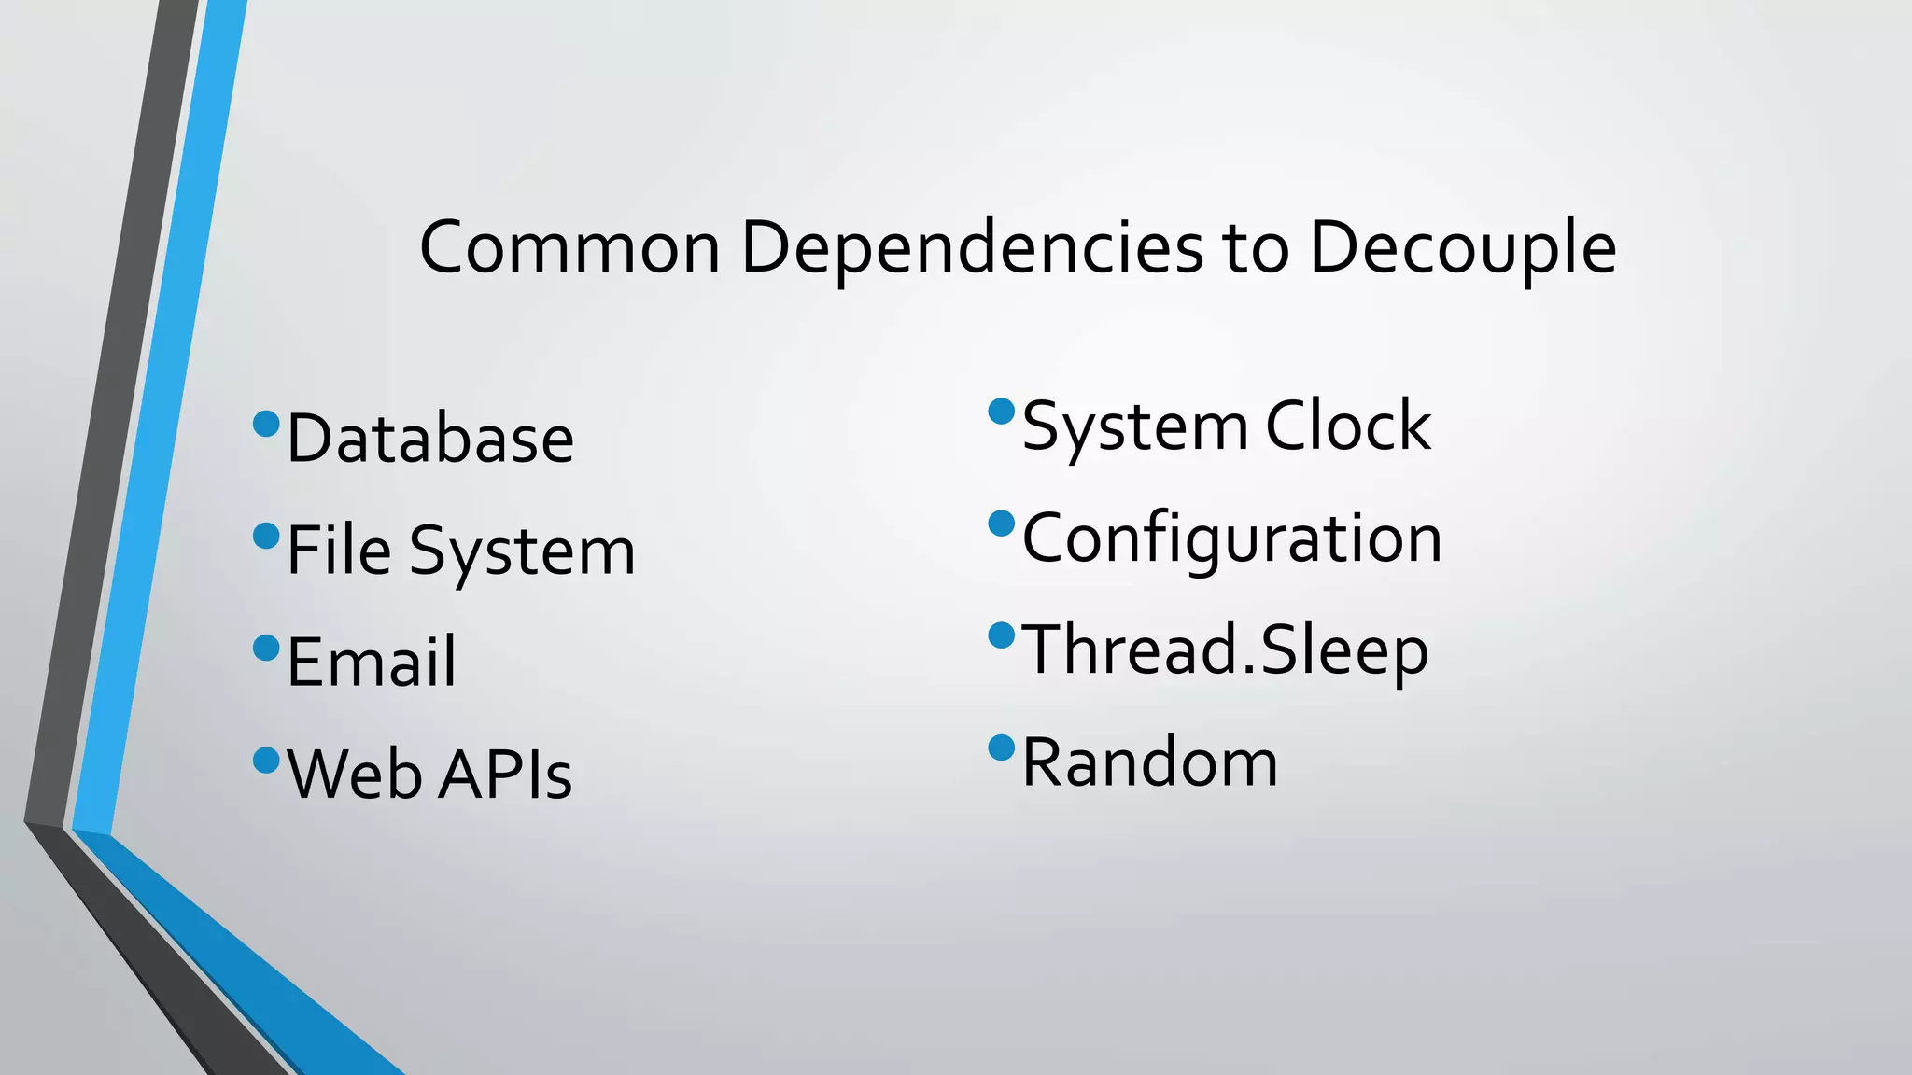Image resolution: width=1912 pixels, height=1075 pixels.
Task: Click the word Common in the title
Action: tap(569, 248)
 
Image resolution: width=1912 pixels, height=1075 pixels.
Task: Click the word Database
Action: tap(429, 439)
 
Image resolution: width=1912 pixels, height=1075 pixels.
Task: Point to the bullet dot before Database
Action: tap(266, 425)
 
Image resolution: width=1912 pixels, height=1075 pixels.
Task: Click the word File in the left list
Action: tap(338, 551)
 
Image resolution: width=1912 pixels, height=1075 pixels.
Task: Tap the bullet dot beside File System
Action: tap(266, 537)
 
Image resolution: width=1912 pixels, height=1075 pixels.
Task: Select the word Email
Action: tap(372, 663)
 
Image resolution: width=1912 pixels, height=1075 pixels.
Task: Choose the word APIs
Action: tap(504, 775)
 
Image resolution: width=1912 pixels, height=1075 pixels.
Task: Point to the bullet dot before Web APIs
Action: tap(266, 761)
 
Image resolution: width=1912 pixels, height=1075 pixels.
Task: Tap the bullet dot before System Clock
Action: tap(1001, 412)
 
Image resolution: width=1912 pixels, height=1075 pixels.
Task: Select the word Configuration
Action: tap(1232, 539)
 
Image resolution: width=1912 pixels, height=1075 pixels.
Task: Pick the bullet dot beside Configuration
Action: tap(1001, 524)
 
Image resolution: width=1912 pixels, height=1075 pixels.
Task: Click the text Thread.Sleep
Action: tap(1225, 649)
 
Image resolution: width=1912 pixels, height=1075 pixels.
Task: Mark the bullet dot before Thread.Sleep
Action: tap(1001, 635)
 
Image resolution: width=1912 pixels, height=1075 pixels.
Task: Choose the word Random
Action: tap(1150, 762)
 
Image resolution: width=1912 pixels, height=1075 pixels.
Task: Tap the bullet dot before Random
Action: tap(1001, 747)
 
